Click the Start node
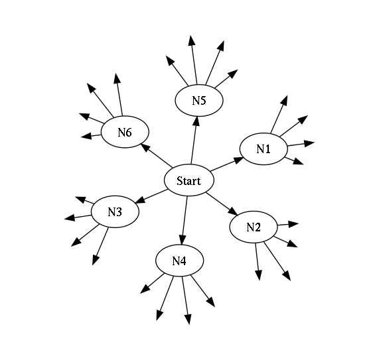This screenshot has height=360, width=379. coord(189,180)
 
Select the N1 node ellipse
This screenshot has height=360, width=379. coord(264,149)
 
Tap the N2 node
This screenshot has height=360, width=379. coord(254,227)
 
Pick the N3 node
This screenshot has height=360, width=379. coord(115,211)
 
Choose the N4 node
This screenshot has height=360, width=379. coord(180,261)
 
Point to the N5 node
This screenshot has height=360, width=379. coord(199,101)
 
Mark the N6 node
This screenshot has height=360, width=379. coord(125,132)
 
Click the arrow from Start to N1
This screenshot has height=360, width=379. coord(227,164)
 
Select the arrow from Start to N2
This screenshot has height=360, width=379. coord(222,204)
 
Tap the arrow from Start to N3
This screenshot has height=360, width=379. coord(151,196)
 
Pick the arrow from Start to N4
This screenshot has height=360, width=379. coord(185,221)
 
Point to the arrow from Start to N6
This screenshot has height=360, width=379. coord(157,156)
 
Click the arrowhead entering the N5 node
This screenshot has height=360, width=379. coord(196,121)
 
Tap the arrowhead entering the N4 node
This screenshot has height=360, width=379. coord(183,241)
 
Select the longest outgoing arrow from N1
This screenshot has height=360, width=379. coord(279,114)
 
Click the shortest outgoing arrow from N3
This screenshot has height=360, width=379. coord(84,200)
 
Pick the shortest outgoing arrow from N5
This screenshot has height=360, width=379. coord(226,79)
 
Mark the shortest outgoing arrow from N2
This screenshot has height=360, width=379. coord(288,225)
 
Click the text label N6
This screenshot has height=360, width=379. coord(125,133)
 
